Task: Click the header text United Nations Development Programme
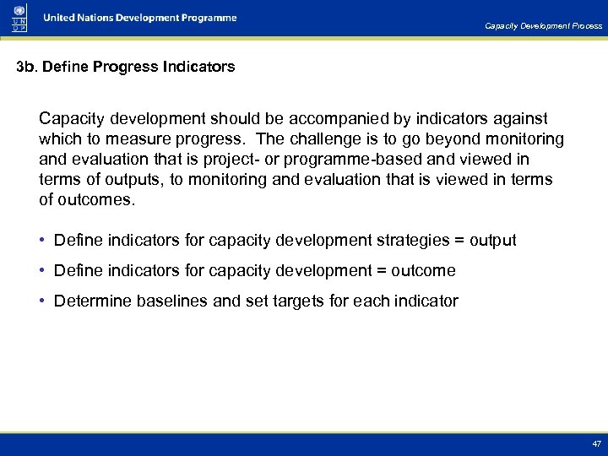click(x=140, y=18)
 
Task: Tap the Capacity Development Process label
click(x=543, y=26)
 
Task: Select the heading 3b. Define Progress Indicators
click(x=126, y=66)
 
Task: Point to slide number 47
click(x=596, y=442)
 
